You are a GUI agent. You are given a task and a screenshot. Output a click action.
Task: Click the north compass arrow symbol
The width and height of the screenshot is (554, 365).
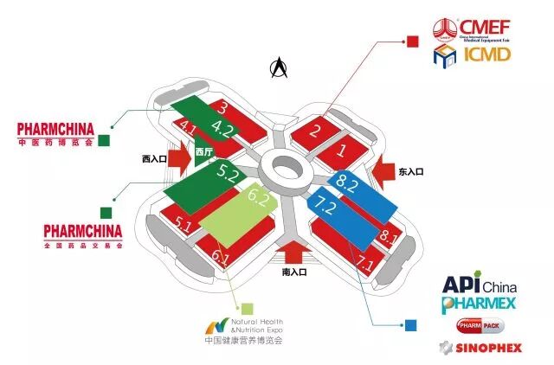279,67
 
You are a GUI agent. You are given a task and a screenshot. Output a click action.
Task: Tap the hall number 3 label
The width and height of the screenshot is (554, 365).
222,108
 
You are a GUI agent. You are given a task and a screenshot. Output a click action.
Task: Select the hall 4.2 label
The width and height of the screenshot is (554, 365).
222,131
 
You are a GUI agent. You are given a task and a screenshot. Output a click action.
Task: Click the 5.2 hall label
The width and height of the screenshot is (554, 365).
229,174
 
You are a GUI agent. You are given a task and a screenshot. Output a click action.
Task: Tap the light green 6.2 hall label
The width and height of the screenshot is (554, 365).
258,197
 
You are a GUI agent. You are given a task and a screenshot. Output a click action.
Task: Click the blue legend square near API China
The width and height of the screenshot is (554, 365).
410,325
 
